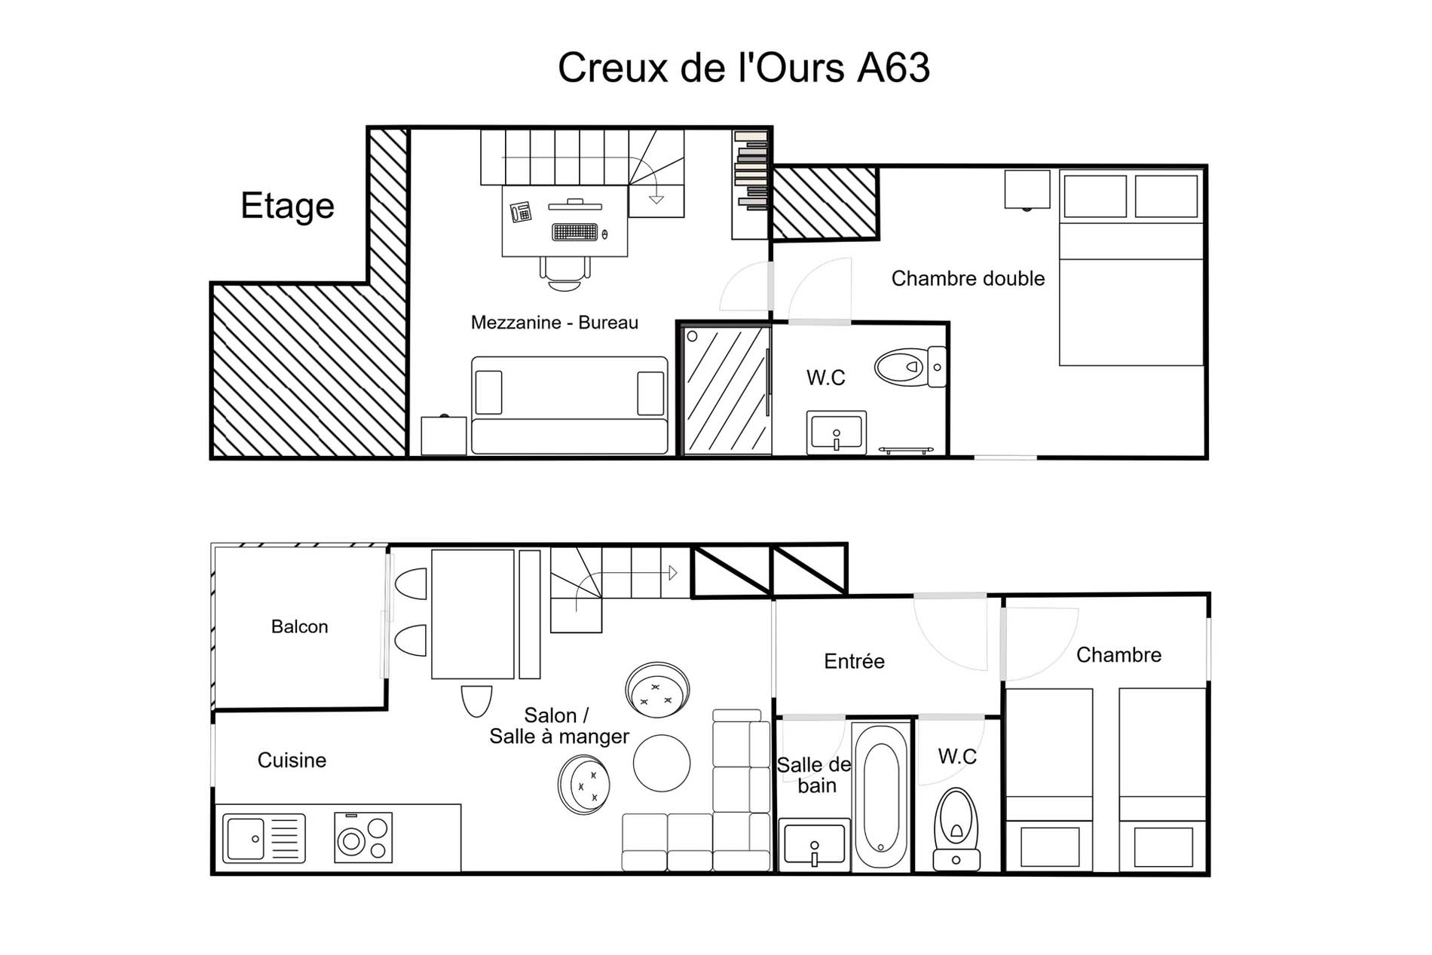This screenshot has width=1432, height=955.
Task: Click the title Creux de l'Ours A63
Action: click(x=744, y=68)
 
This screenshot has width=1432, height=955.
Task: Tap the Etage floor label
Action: click(x=287, y=207)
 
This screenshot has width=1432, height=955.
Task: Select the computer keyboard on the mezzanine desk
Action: click(x=575, y=232)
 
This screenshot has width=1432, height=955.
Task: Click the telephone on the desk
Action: click(x=521, y=212)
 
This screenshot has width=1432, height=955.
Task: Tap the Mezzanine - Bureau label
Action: click(x=554, y=323)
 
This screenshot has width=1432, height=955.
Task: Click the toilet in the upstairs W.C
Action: click(x=910, y=367)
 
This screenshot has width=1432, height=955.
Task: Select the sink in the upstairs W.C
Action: click(x=837, y=433)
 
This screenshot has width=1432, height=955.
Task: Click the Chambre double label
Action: click(x=968, y=279)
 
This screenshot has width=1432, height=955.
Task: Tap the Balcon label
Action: click(x=299, y=626)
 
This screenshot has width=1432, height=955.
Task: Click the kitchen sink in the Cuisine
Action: click(x=264, y=838)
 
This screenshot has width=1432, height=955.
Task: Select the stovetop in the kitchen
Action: click(x=363, y=837)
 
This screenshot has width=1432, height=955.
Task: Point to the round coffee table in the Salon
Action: click(x=662, y=764)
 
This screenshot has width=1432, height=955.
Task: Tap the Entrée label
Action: click(x=854, y=662)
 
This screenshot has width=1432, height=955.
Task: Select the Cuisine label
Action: click(x=292, y=760)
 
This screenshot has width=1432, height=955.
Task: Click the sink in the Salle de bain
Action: click(x=814, y=843)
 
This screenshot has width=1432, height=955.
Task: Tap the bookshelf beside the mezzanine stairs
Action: click(x=751, y=185)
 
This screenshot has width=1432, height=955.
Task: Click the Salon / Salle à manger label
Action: click(x=558, y=726)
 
